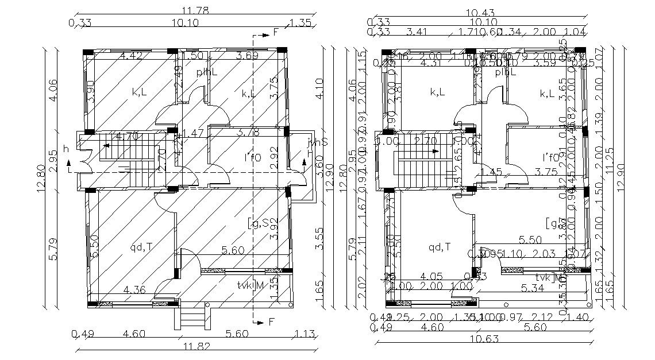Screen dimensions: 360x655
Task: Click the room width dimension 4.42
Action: [x=130, y=56]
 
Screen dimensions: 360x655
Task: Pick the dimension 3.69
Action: [x=246, y=56]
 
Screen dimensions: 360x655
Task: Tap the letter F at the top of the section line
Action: [x=275, y=33]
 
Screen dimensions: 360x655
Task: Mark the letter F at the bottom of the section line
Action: [x=272, y=322]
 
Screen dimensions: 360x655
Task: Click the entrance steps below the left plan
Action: [x=191, y=317]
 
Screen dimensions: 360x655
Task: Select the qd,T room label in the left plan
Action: [x=142, y=247]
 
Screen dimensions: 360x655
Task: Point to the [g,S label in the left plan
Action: [x=259, y=222]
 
